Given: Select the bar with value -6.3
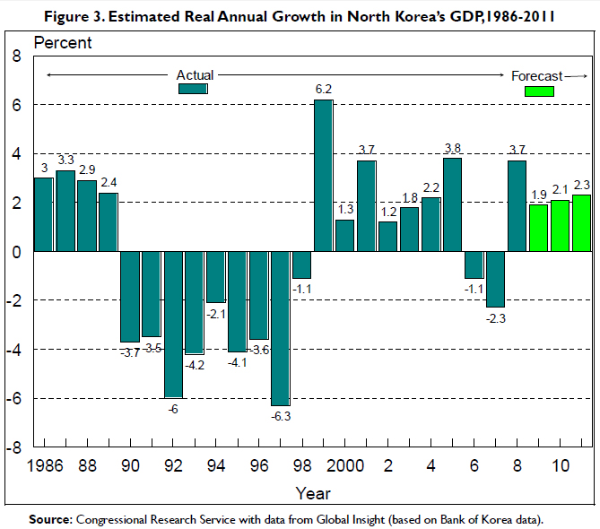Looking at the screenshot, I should coord(280,328).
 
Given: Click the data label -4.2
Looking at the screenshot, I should coord(195,365).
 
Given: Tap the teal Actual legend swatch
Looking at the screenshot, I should coord(193,88).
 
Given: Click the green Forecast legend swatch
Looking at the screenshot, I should coord(539,91).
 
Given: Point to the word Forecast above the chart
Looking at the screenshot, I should coord(536,75).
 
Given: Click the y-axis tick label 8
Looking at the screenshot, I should coord(15,56).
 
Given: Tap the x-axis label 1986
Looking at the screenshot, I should coord(45,466).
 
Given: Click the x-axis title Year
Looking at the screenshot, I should coord(313,493).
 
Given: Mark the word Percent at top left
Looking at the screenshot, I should coord(62,43).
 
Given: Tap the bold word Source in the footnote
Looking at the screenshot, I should coord(50,519).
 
